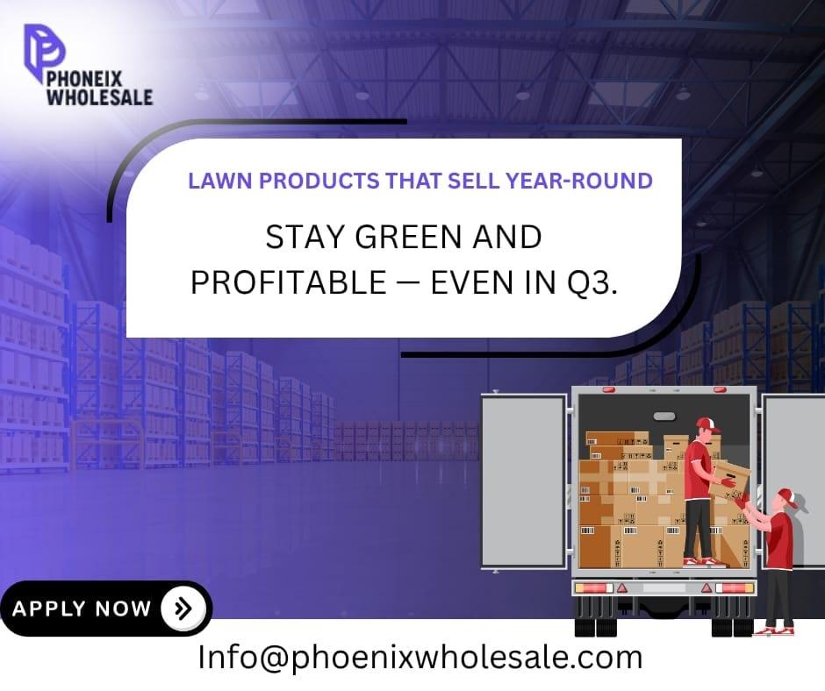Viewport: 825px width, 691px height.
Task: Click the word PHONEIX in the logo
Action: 84,80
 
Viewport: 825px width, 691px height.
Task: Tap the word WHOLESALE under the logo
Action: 99,97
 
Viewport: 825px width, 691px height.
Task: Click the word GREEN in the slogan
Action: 409,237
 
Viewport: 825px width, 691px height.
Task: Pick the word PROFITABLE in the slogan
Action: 289,282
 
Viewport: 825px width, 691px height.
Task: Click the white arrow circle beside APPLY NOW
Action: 183,609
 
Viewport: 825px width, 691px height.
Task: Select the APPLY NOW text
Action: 82,609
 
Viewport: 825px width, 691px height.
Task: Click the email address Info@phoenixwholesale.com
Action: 420,658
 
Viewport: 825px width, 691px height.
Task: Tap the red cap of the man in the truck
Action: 707,425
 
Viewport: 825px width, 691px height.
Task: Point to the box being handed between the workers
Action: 729,481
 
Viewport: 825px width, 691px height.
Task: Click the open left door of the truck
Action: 523,481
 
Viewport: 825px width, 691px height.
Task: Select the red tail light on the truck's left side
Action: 594,588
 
